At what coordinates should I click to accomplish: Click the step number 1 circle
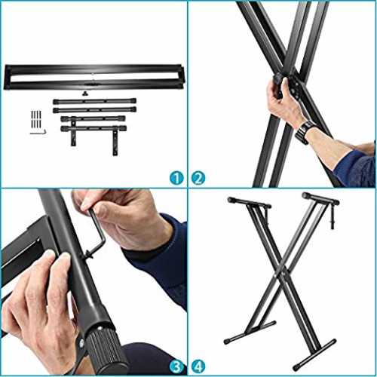coord(176,178)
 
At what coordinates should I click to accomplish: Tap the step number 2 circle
coord(198,178)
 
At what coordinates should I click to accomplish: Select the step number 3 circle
coord(176,367)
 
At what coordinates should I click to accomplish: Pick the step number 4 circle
coord(198,367)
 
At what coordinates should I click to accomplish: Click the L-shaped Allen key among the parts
coord(38,133)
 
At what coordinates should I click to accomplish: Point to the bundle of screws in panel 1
coord(36,119)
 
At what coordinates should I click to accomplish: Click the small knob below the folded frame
coord(84,94)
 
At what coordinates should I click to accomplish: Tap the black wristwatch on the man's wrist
coord(304,132)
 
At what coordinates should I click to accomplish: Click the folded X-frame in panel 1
coord(94,78)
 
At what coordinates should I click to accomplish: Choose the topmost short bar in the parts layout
coord(94,101)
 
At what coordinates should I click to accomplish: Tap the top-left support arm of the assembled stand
coord(249,203)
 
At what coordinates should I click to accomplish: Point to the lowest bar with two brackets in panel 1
coord(93,129)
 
